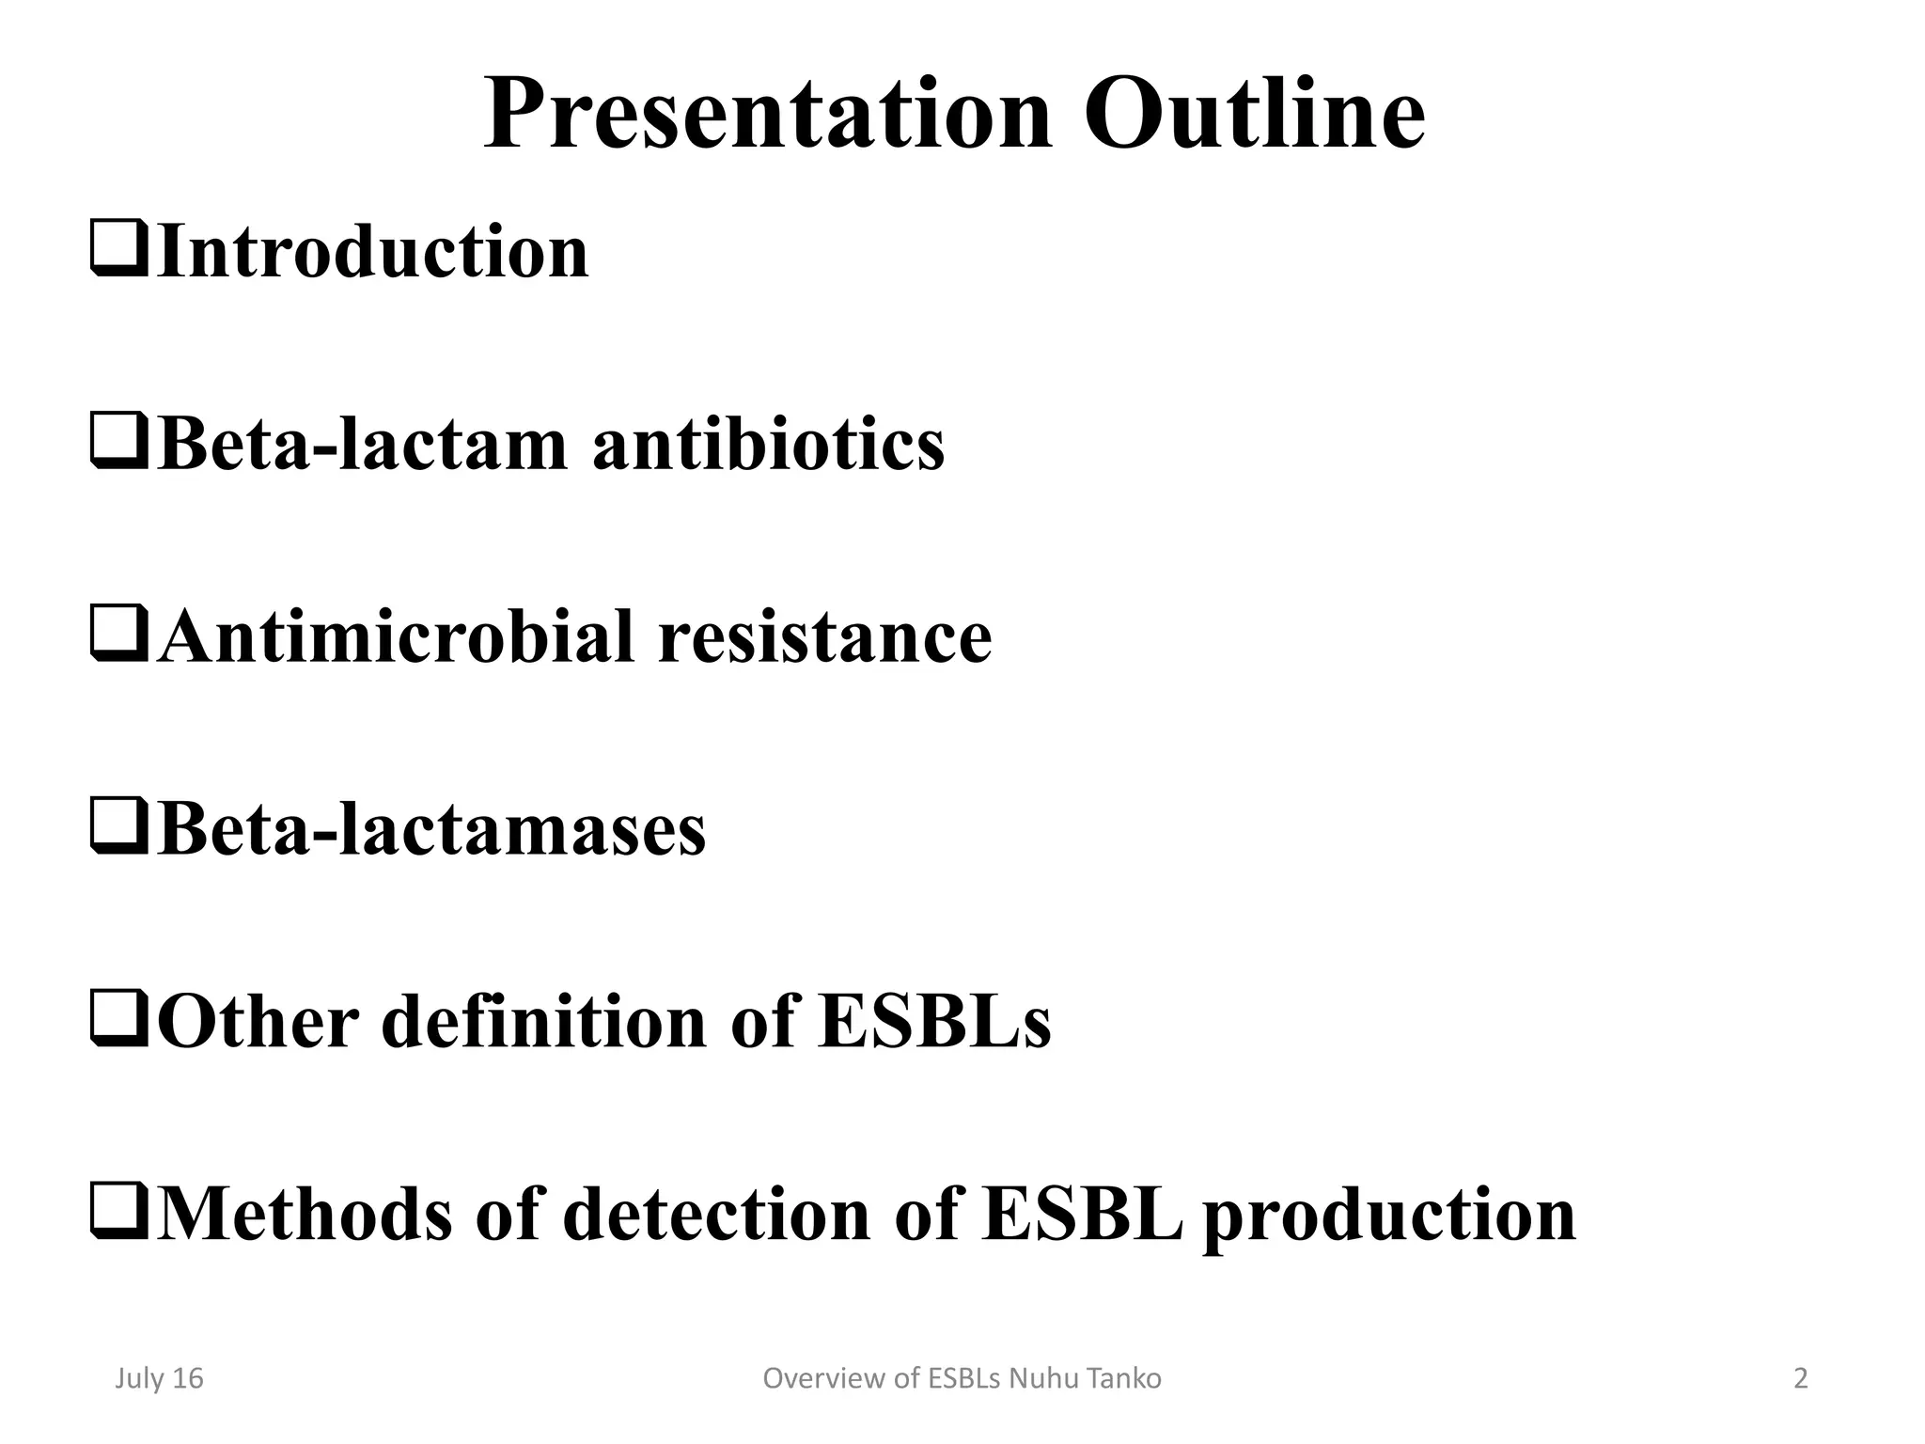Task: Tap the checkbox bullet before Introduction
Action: click(118, 250)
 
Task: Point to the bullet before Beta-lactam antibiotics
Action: click(118, 443)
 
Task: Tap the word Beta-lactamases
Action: click(430, 830)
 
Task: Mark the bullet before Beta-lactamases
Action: click(118, 828)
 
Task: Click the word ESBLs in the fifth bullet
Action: click(934, 1022)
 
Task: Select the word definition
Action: click(543, 1022)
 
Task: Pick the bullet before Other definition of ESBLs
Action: click(118, 1020)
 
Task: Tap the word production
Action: click(1388, 1217)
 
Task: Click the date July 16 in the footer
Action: click(159, 1378)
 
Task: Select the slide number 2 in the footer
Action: click(1800, 1378)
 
